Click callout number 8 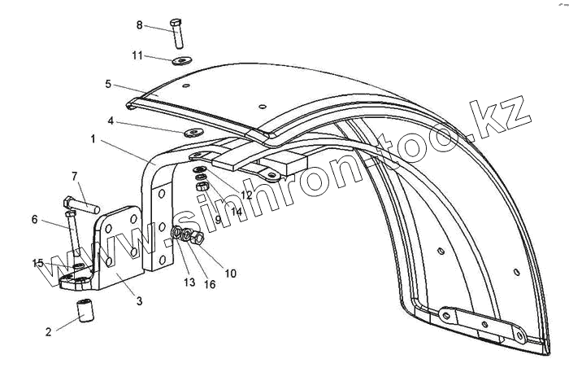(x=139, y=25)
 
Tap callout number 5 (x=107, y=84)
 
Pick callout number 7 (x=74, y=176)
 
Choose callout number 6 (x=35, y=218)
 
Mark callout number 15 (x=38, y=263)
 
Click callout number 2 (x=49, y=331)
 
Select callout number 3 (x=139, y=301)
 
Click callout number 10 (x=230, y=274)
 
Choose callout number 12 (x=245, y=195)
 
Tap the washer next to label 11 (x=181, y=59)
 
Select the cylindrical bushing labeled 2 (x=85, y=312)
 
